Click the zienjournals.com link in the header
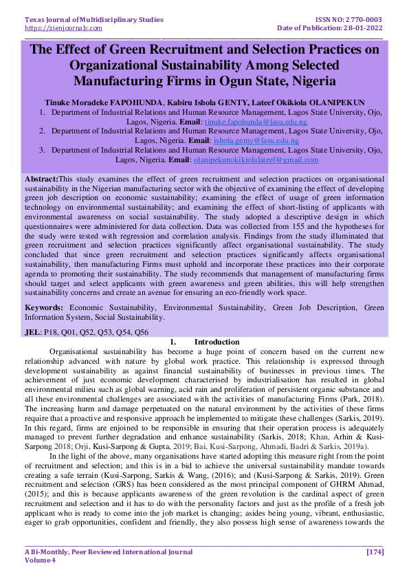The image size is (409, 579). coord(63,28)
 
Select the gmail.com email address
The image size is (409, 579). coord(246,160)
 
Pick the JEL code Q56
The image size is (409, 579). coord(141,332)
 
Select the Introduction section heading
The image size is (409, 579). coord(217,342)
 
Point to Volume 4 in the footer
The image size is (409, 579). coord(40,560)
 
